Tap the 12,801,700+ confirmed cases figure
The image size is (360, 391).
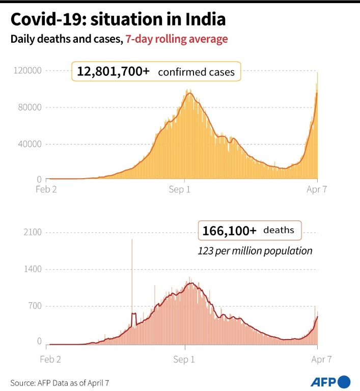[113, 72]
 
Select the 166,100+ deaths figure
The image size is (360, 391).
[229, 231]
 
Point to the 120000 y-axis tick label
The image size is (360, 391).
[27, 71]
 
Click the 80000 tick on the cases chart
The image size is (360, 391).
[30, 107]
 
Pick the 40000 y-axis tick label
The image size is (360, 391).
[30, 144]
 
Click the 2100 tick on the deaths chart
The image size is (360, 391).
[32, 233]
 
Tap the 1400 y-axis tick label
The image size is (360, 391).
[32, 269]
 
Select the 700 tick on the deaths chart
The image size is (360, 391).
[34, 306]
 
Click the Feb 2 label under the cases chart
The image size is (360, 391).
[50, 190]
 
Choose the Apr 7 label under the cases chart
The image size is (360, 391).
[317, 190]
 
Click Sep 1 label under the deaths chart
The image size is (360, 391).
[184, 359]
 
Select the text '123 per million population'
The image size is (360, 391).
[255, 250]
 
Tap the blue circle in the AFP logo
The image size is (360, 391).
[344, 381]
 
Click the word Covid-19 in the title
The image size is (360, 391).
[43, 20]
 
